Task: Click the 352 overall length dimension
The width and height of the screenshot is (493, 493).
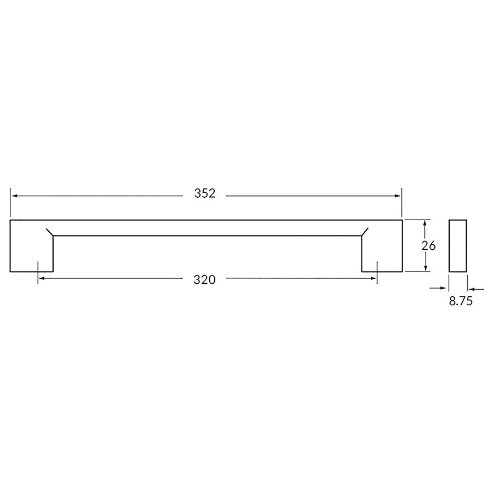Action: [205, 194]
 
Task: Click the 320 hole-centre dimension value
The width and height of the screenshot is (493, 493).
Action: [205, 279]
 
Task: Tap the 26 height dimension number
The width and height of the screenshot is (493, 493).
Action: [428, 246]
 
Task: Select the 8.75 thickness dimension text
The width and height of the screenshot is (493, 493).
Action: [461, 301]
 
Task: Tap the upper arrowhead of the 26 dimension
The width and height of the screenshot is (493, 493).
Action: [425, 223]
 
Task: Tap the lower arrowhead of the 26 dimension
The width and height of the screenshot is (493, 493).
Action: [425, 268]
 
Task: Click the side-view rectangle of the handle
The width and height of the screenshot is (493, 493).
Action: [458, 245]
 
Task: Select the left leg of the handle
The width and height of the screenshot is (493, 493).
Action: [31, 252]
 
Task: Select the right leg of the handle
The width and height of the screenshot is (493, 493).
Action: [382, 252]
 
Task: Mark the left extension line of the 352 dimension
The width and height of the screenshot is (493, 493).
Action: [10, 202]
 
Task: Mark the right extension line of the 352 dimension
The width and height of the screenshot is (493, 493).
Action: [402, 202]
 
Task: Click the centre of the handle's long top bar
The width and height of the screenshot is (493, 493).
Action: [206, 227]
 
